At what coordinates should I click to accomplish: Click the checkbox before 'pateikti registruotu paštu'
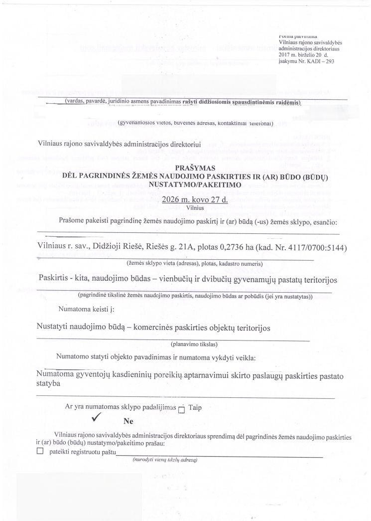pos(40,452)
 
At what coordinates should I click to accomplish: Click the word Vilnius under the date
pos(191,208)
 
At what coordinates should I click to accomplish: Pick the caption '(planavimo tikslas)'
pos(191,344)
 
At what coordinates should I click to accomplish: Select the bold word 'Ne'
pos(128,421)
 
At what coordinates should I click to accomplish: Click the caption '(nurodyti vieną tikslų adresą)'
pos(165,460)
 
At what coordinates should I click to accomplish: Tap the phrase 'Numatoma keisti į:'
pos(86,310)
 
